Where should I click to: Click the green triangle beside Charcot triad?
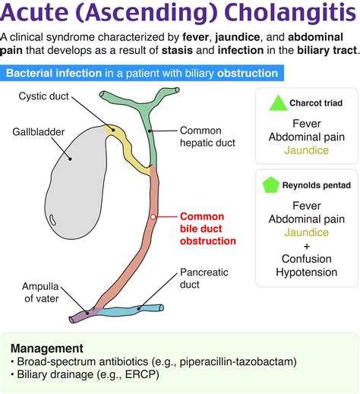click(x=278, y=104)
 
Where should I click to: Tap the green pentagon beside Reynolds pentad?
click(x=271, y=185)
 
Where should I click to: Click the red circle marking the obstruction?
click(x=153, y=217)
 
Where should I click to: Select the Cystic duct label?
click(x=43, y=96)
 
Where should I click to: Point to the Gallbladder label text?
click(x=39, y=132)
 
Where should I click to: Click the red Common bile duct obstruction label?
click(x=208, y=229)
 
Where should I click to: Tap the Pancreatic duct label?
click(x=204, y=279)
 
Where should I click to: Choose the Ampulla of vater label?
click(x=40, y=292)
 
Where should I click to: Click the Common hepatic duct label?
click(x=207, y=137)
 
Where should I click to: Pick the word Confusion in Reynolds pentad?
click(x=307, y=259)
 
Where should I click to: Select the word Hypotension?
click(x=307, y=273)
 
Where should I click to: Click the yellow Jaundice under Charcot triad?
click(x=307, y=150)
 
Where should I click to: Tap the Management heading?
click(x=47, y=348)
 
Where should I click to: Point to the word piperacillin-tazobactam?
click(x=236, y=361)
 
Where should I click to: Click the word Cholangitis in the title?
click(x=290, y=12)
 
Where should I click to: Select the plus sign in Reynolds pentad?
click(x=307, y=246)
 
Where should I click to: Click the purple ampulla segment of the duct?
click(x=84, y=315)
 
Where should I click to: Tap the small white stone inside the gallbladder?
click(x=52, y=219)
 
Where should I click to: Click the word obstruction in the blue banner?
click(x=248, y=74)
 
